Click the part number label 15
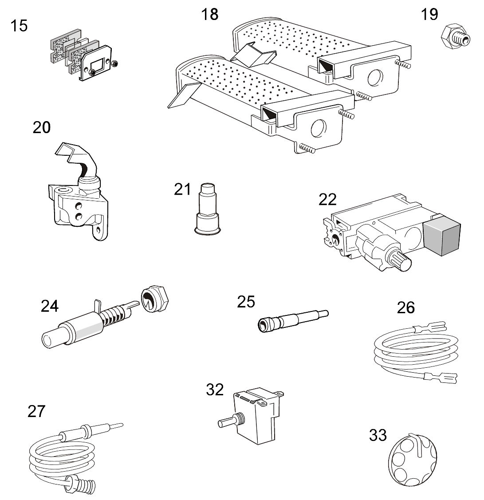pos(19,26)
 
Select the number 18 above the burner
pos(210,14)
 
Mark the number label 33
pos(378,435)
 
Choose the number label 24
pos(50,306)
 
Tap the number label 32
pos(215,390)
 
